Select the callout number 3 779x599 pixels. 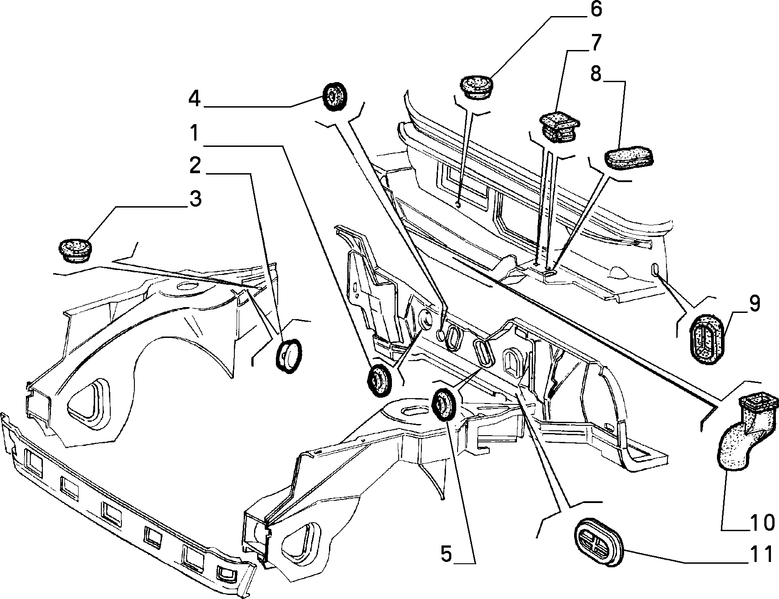(195, 199)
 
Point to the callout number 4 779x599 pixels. (194, 98)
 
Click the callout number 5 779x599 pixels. (446, 554)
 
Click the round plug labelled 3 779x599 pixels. (75, 250)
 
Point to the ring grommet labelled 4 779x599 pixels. (335, 96)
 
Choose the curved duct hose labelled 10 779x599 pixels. (746, 428)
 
